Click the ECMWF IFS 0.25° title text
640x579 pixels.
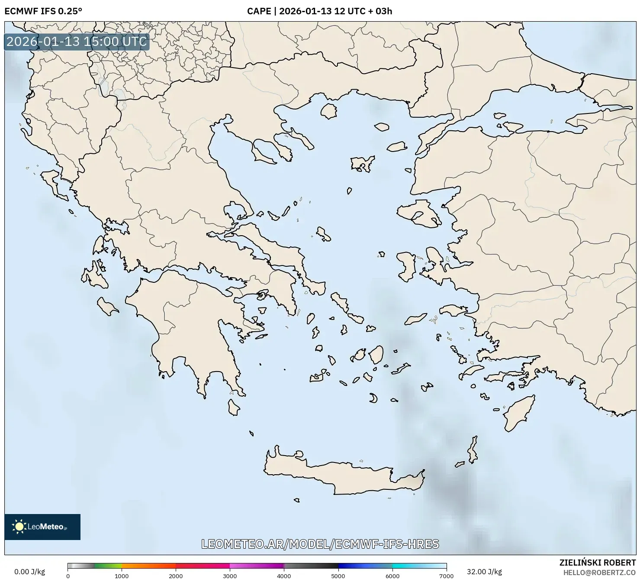tap(43, 11)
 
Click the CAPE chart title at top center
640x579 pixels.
tap(319, 11)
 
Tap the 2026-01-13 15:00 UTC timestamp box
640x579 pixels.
tap(77, 42)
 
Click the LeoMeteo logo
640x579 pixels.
tap(42, 527)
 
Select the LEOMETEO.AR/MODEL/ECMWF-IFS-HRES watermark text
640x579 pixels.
tap(320, 544)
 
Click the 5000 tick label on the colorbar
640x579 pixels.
tap(338, 576)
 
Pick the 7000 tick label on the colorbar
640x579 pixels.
tap(446, 576)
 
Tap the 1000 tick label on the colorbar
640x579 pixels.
tap(122, 576)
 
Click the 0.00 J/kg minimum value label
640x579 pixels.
tap(29, 572)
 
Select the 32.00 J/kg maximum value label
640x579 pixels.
tap(484, 572)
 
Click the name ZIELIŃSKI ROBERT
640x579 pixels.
tap(598, 563)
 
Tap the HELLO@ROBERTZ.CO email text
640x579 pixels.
tap(599, 573)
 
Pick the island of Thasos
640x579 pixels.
tap(329, 111)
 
